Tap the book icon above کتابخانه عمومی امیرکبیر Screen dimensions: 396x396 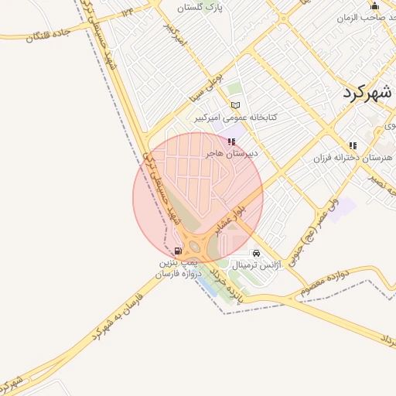click(236, 105)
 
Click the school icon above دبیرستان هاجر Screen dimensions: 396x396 click(231, 142)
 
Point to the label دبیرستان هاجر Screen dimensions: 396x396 click(231, 154)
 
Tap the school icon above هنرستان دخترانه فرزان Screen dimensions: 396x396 click(353, 145)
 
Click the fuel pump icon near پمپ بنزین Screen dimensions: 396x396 click(179, 251)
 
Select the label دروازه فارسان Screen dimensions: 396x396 click(177, 274)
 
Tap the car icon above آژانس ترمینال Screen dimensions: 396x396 click(256, 253)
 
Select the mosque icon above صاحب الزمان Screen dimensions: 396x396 click(374, 5)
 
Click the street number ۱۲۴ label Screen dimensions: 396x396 click(125, 13)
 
